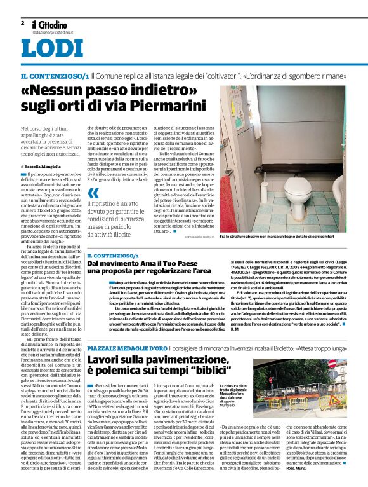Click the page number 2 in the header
(x=22, y=23)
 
